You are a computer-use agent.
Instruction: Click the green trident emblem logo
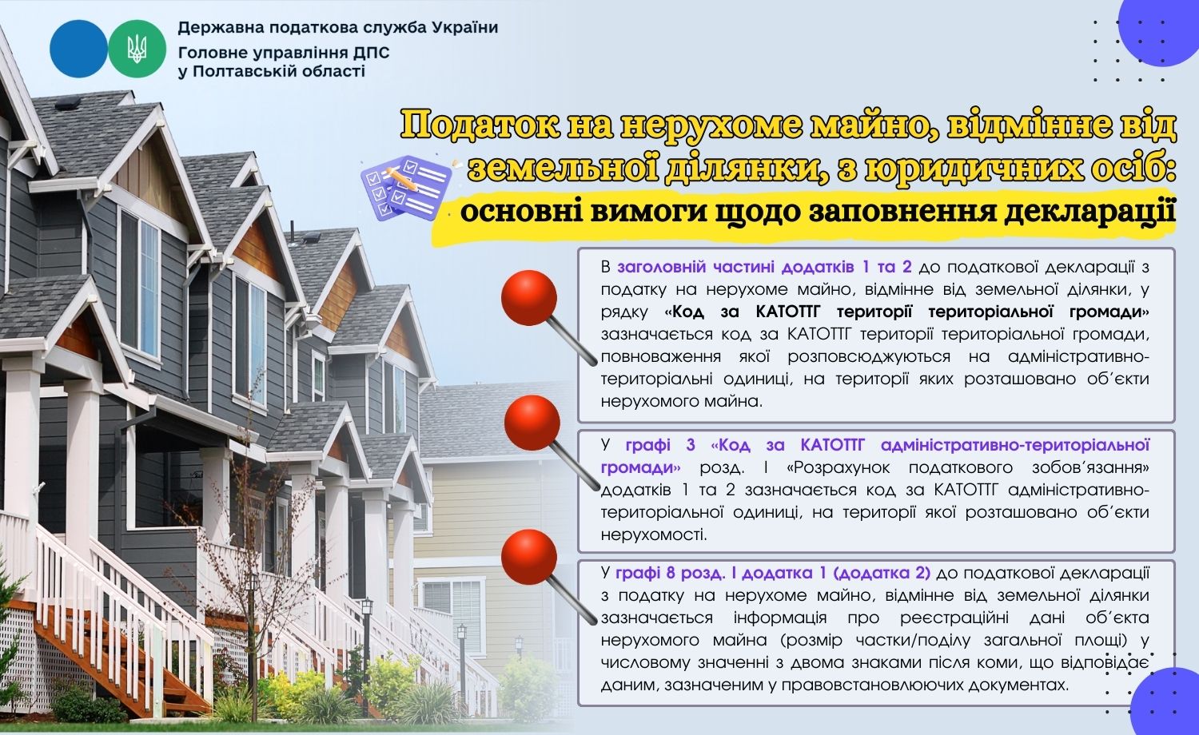[137, 49]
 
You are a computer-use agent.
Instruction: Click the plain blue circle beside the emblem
[78, 49]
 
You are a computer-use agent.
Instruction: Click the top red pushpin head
[528, 297]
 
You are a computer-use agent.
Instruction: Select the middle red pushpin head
[532, 422]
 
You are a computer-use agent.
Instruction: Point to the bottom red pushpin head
[529, 555]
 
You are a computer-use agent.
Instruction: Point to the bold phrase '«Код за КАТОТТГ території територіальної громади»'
[906, 312]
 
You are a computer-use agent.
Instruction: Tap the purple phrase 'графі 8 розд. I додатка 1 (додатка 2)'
[773, 573]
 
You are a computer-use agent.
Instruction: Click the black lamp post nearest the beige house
[461, 655]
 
